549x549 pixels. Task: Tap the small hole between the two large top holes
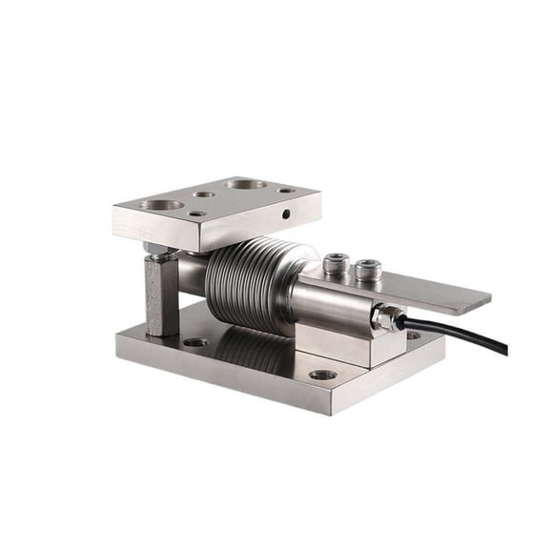click(202, 194)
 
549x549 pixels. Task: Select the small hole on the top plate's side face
click(285, 215)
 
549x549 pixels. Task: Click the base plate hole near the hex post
click(195, 341)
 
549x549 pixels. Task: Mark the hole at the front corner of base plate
click(323, 375)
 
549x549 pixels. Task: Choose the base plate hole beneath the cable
click(412, 335)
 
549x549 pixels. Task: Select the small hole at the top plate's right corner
click(286, 190)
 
